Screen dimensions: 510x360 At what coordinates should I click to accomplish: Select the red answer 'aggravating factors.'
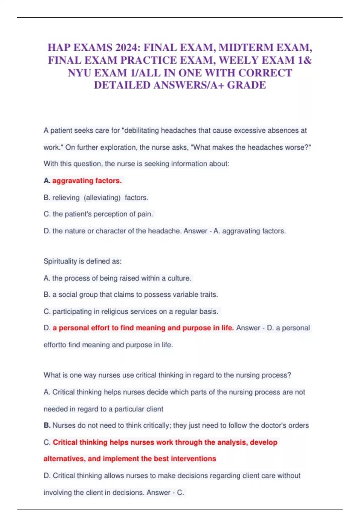[x=87, y=181]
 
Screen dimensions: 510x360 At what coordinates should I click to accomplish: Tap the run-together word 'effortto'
[x=55, y=345]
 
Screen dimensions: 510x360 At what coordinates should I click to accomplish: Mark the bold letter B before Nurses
[x=47, y=425]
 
